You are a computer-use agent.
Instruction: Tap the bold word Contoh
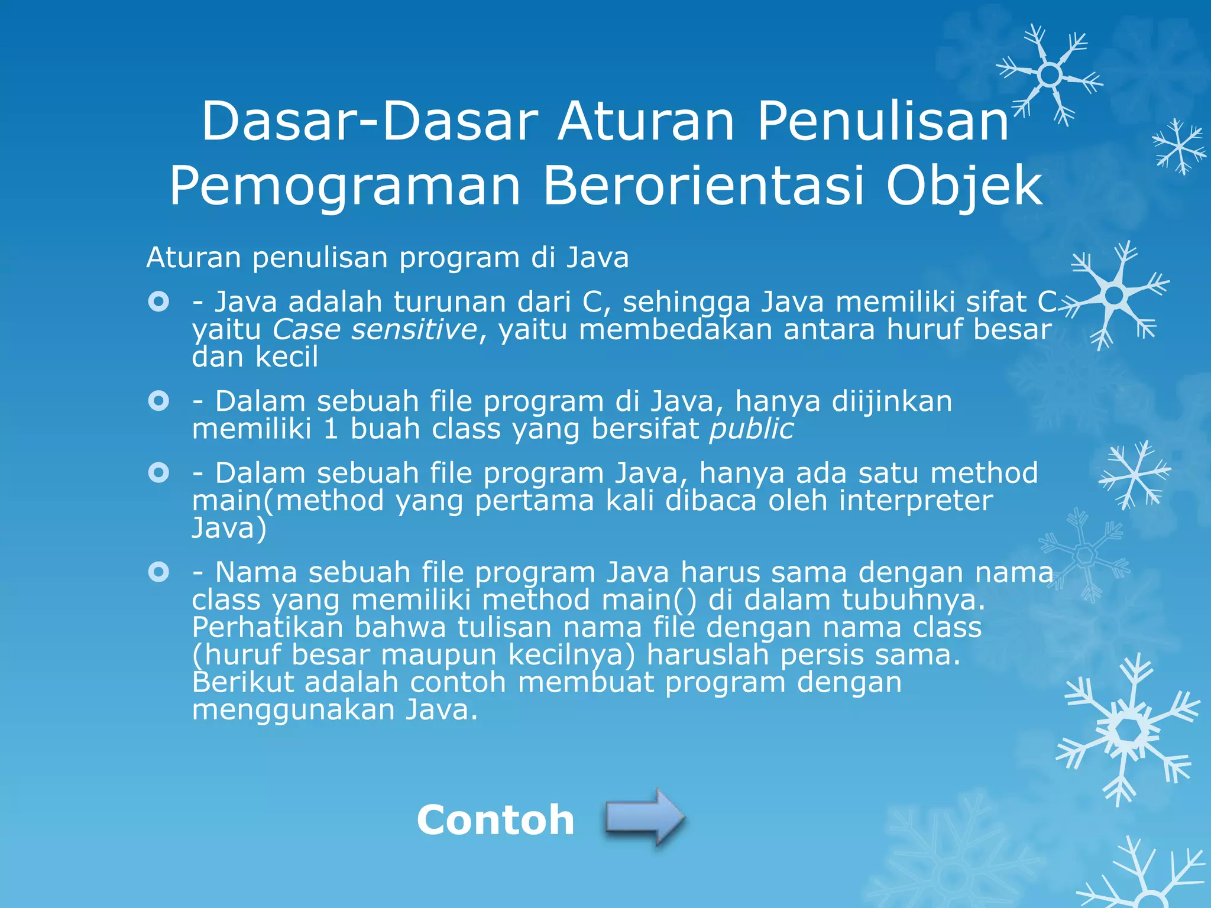tap(496, 820)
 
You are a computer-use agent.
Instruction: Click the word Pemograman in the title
tap(345, 186)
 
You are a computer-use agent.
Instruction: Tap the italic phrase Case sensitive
tap(374, 329)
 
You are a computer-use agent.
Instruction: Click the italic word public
tap(752, 429)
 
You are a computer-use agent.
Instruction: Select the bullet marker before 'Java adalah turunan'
tap(158, 303)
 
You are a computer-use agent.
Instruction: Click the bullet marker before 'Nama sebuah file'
tap(158, 572)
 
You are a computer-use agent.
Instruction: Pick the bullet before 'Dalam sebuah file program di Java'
tap(158, 402)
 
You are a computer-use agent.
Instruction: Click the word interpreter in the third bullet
tap(916, 501)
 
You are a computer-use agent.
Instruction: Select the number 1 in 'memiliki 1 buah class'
tap(331, 429)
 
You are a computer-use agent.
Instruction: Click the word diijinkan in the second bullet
tap(892, 402)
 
